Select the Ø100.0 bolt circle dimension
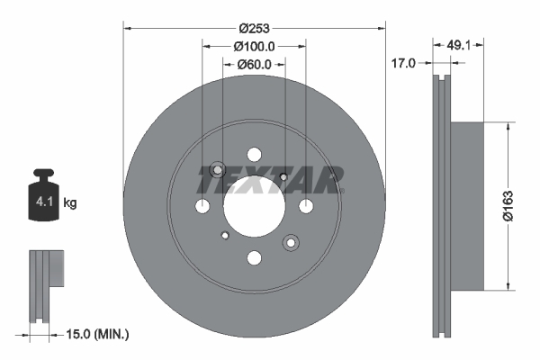click(x=254, y=45)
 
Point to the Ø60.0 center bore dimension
click(x=254, y=64)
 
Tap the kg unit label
click(x=70, y=203)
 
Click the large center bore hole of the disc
click(x=254, y=206)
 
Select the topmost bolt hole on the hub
click(x=254, y=155)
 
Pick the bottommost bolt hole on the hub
click(x=254, y=258)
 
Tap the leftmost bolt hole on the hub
click(x=202, y=207)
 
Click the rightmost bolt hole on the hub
click(x=306, y=207)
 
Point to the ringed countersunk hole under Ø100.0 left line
click(x=217, y=170)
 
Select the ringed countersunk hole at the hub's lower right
click(x=291, y=242)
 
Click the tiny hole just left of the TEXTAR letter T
click(x=284, y=176)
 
